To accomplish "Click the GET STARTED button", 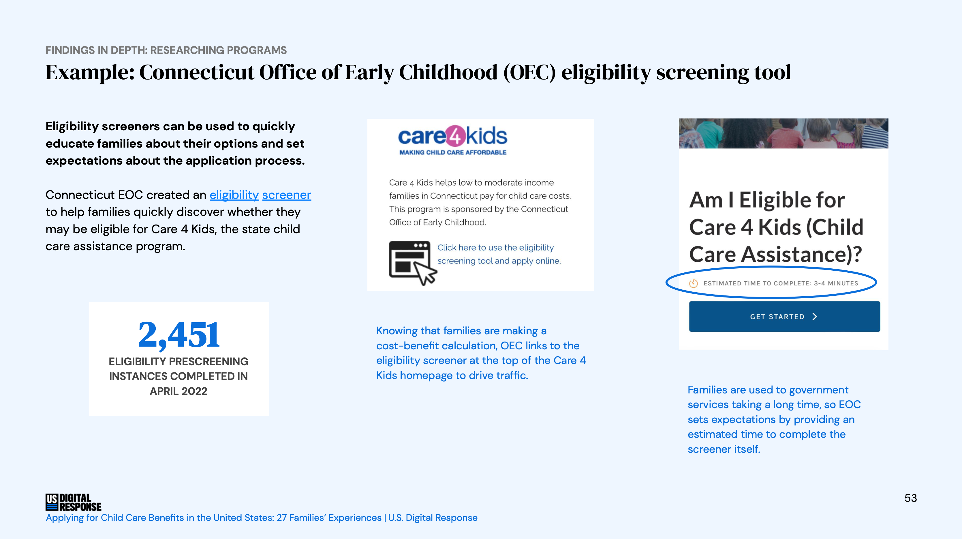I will click(x=784, y=316).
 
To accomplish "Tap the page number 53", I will click(x=910, y=498).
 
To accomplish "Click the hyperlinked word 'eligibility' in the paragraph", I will click(x=234, y=195).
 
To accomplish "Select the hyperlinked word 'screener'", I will click(x=286, y=195).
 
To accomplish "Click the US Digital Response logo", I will click(x=73, y=502).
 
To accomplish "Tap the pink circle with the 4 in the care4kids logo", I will click(x=455, y=136).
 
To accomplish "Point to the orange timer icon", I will click(x=694, y=283).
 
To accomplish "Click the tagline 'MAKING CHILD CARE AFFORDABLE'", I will click(x=453, y=152).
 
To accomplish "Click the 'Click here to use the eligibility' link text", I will click(x=495, y=248).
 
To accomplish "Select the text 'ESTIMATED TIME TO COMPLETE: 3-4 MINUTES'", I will click(x=781, y=283).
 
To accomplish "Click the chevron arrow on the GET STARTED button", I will click(x=815, y=316).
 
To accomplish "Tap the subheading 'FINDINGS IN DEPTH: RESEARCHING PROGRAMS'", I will click(x=166, y=50).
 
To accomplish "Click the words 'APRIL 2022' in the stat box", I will click(x=179, y=391).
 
